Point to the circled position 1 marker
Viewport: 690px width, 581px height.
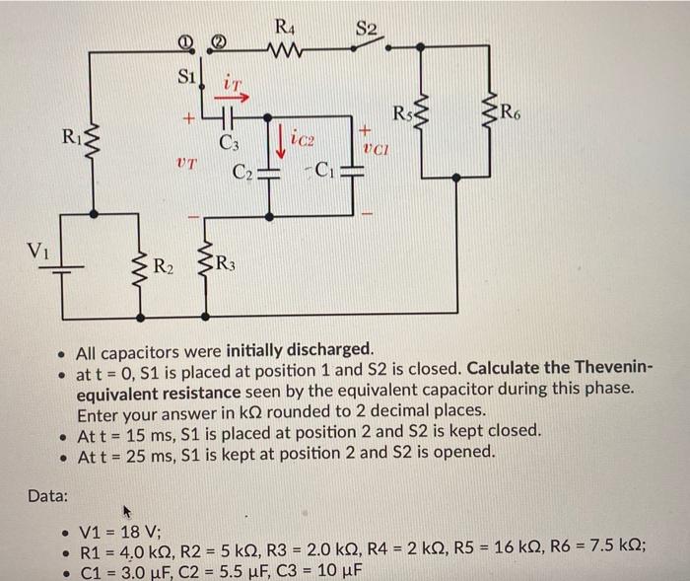(184, 41)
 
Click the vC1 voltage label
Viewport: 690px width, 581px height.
(376, 150)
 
